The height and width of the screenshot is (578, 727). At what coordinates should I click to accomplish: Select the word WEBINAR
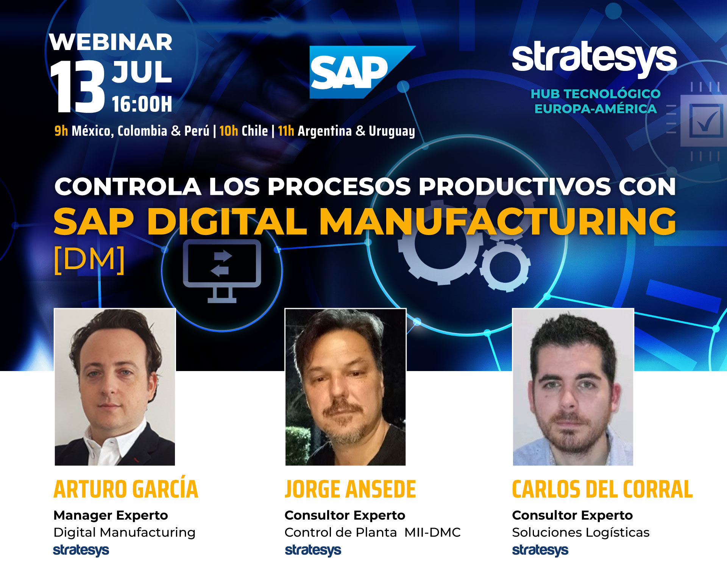pyautogui.click(x=111, y=42)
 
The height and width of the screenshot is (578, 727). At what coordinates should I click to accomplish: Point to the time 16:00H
pyautogui.click(x=142, y=104)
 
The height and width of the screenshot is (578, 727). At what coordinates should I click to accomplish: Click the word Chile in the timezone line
pyautogui.click(x=255, y=131)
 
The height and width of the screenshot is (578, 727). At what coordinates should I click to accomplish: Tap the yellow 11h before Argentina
pyautogui.click(x=286, y=131)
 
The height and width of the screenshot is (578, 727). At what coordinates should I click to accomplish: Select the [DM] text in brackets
pyautogui.click(x=89, y=260)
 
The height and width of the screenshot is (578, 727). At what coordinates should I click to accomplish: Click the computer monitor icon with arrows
pyautogui.click(x=222, y=271)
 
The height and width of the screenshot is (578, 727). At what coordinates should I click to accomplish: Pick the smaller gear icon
pyautogui.click(x=505, y=266)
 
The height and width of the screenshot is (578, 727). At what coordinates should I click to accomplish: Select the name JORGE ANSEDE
pyautogui.click(x=350, y=489)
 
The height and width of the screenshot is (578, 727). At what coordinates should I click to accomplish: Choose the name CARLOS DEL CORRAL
pyautogui.click(x=602, y=489)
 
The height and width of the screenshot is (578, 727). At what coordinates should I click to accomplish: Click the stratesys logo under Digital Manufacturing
pyautogui.click(x=81, y=550)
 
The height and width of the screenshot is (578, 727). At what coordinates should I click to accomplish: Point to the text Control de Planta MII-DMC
pyautogui.click(x=373, y=533)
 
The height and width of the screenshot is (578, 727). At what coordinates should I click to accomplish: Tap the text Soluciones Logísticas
pyautogui.click(x=580, y=533)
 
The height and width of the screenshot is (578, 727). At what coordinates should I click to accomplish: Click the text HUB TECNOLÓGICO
pyautogui.click(x=596, y=94)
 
